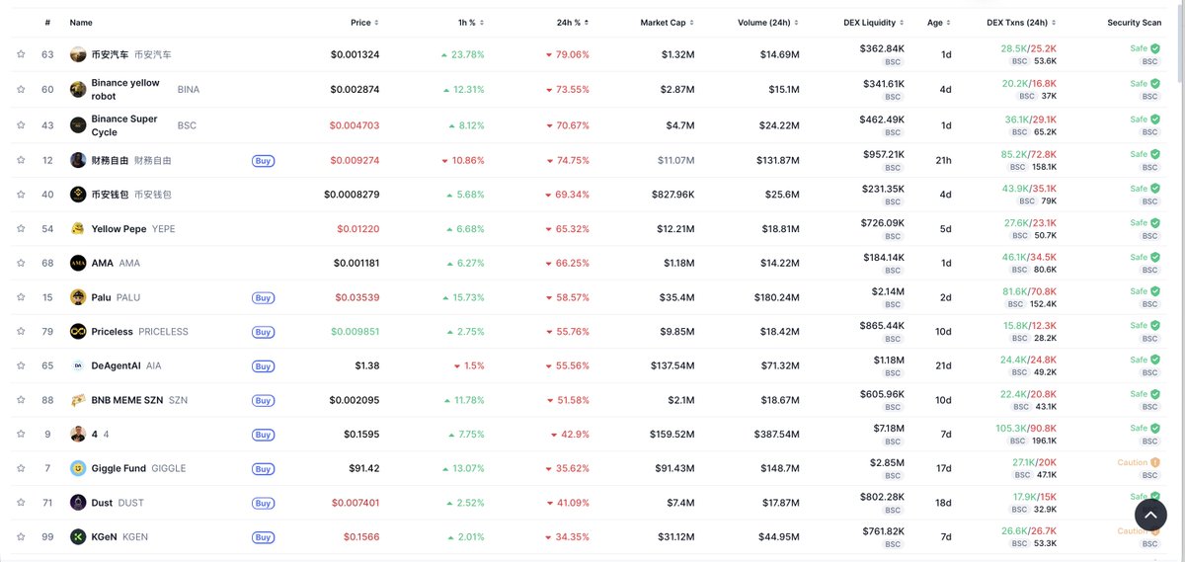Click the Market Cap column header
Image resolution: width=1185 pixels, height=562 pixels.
click(662, 22)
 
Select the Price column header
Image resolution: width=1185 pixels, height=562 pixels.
click(360, 22)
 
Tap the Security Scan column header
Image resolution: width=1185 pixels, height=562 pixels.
click(1134, 22)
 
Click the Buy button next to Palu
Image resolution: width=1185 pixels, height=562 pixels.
click(263, 297)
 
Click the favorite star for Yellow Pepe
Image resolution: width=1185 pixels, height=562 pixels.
click(21, 229)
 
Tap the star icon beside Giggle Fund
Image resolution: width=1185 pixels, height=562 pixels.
click(21, 468)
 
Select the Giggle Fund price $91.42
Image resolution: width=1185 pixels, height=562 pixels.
click(358, 468)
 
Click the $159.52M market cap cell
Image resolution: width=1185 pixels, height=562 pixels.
click(671, 435)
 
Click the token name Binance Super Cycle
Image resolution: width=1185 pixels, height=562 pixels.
click(124, 125)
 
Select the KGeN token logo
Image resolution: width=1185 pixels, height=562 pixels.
click(78, 537)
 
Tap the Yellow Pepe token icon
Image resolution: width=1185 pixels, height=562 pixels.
click(78, 229)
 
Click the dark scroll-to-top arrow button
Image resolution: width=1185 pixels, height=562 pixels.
click(1150, 515)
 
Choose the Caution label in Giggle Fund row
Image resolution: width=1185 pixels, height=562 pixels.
click(1132, 462)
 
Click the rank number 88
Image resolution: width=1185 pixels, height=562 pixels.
click(47, 400)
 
